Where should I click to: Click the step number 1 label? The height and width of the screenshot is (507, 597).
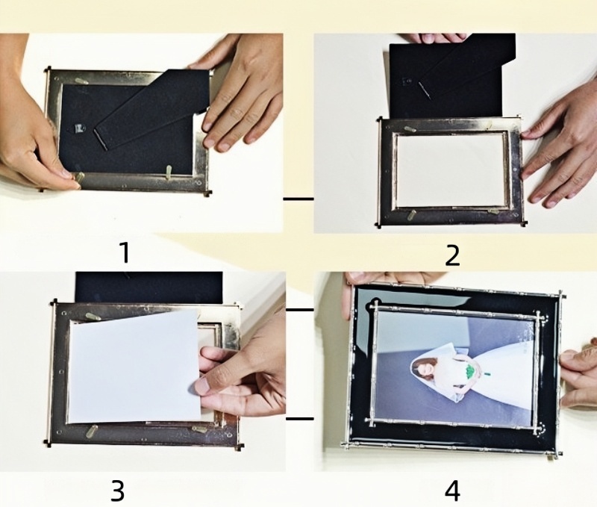(x=125, y=252)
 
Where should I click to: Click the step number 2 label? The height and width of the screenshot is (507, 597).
(x=452, y=256)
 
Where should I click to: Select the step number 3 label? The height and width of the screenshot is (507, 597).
(x=118, y=491)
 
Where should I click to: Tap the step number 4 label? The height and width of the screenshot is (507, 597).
(x=452, y=491)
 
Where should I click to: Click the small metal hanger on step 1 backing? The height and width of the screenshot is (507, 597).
(x=79, y=128)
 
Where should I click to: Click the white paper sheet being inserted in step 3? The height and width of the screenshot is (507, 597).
(x=136, y=367)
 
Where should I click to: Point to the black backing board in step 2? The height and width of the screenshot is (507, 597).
(x=452, y=76)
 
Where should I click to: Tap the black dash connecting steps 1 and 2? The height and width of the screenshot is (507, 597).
(x=298, y=199)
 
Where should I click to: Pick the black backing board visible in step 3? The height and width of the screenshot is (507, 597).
(x=149, y=287)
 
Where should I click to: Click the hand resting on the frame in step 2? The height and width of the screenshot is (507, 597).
(x=560, y=149)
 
